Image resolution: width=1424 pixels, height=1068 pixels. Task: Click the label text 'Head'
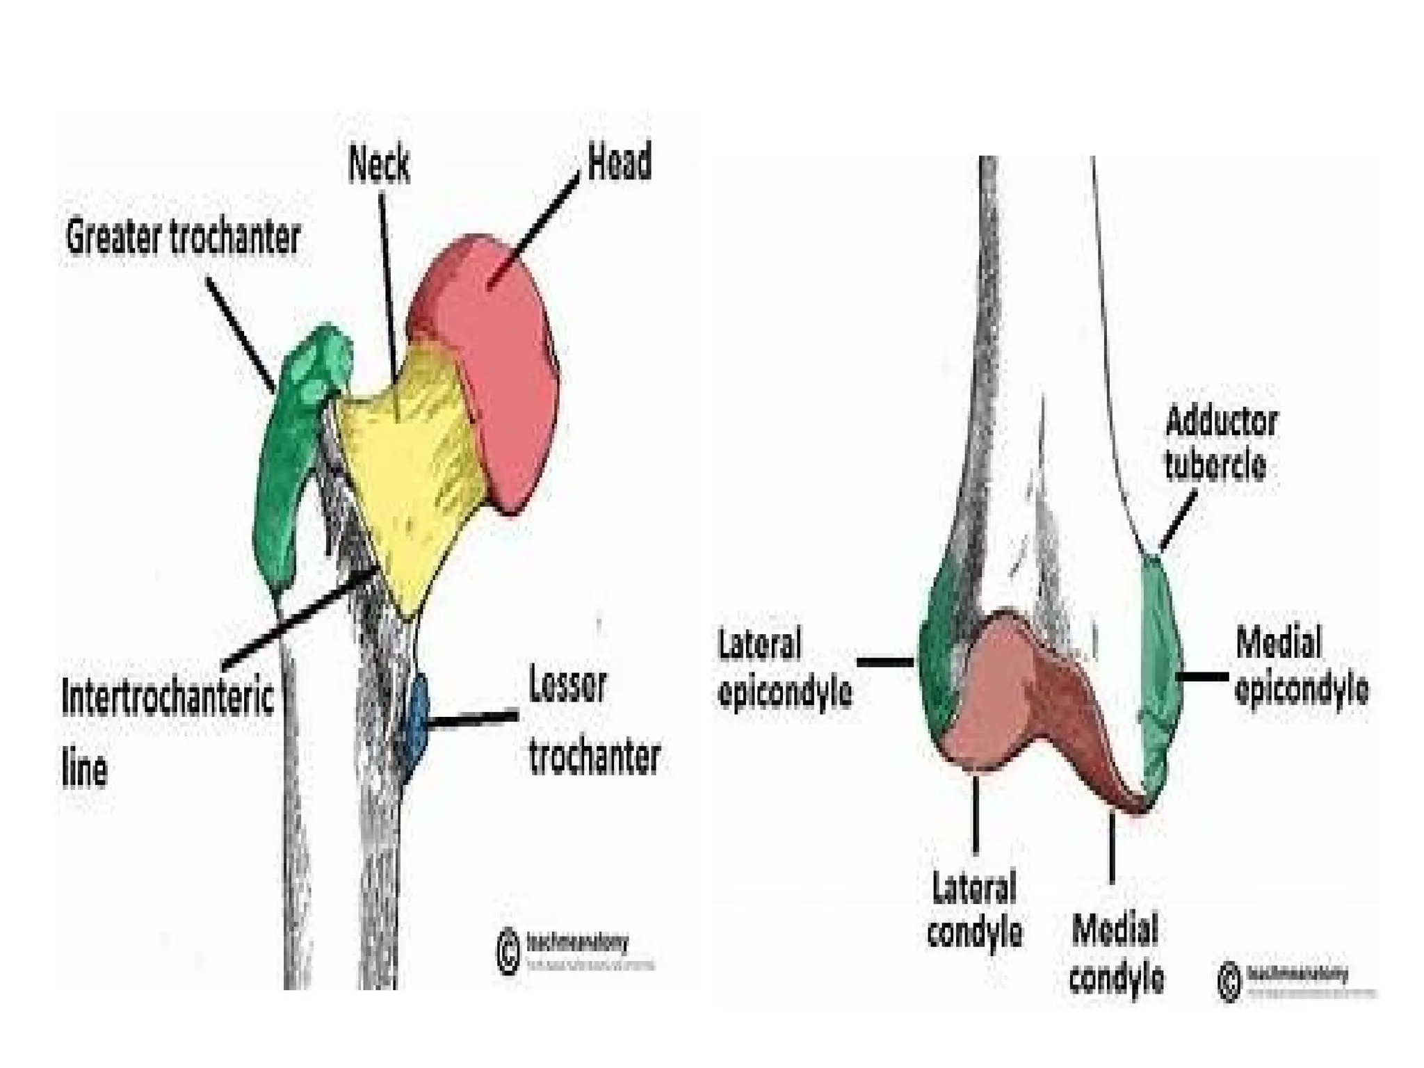tap(620, 162)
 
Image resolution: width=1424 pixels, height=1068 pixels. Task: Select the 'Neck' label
tap(379, 165)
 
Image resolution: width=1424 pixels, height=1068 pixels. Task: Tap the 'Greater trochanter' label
tap(183, 238)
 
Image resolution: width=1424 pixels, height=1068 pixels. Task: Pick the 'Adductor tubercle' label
tap(1220, 444)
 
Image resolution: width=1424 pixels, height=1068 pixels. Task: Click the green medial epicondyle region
tap(1160, 667)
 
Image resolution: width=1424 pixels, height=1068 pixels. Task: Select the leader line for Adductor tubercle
tap(1179, 520)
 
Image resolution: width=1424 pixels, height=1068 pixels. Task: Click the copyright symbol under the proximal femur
tap(508, 951)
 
